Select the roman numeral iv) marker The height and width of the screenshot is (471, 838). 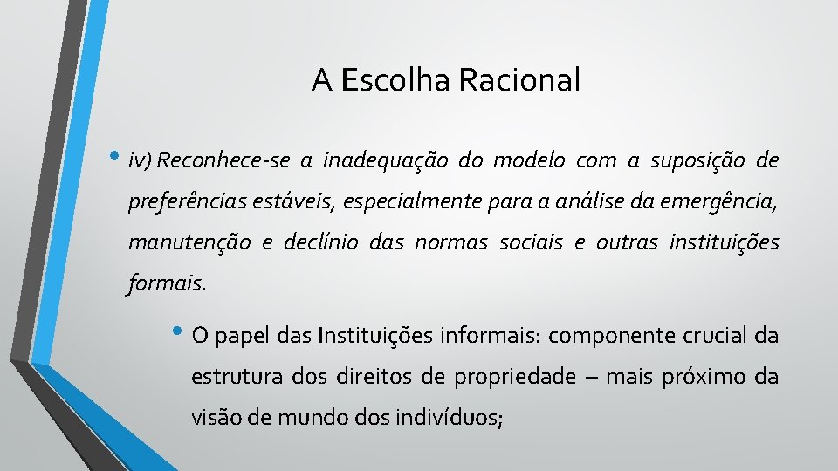coord(141,161)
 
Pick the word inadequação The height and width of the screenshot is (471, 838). coord(386,161)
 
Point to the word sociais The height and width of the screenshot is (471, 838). coord(532,243)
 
